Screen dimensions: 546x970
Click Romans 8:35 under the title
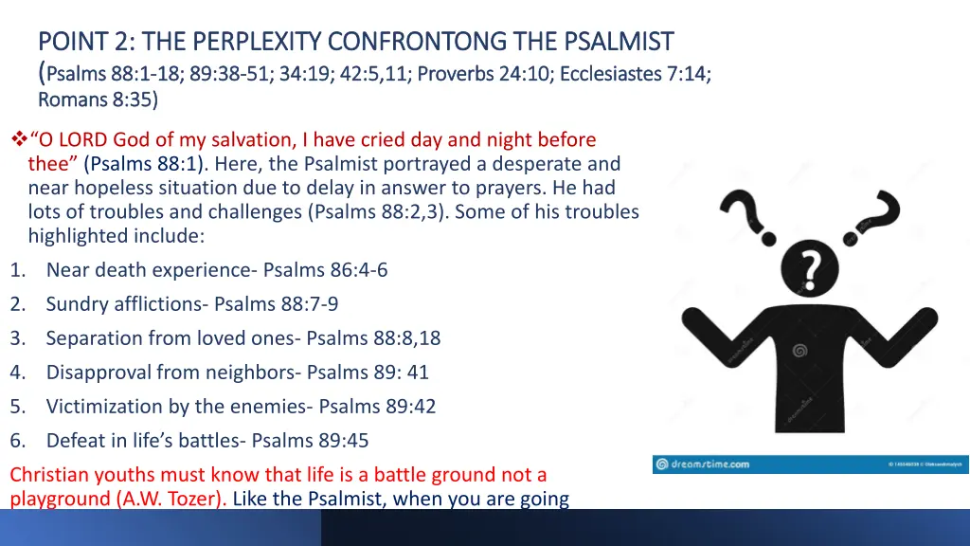coord(98,100)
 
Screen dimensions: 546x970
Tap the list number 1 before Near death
coord(16,270)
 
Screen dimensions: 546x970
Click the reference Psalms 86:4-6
coord(325,270)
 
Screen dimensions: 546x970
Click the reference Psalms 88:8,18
coord(373,338)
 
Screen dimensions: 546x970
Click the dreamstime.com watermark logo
coord(703,464)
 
